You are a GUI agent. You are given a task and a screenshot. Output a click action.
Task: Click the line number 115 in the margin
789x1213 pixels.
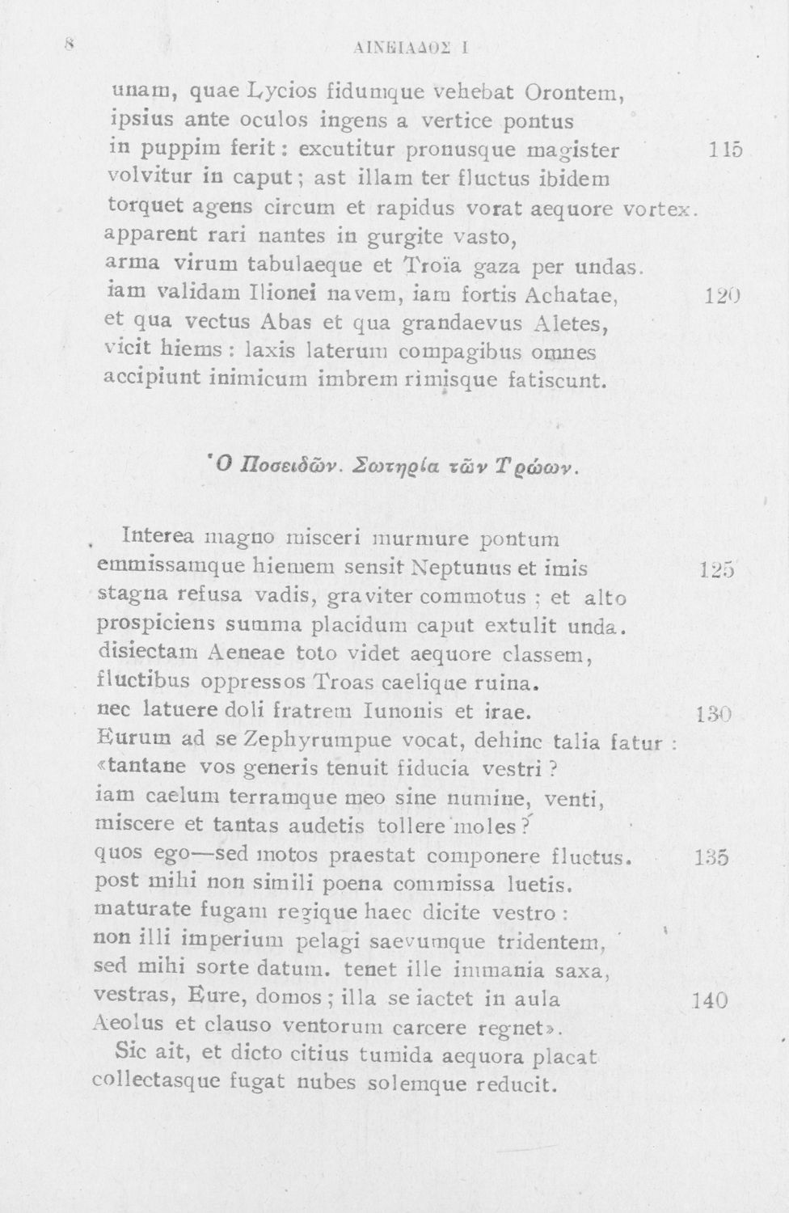(724, 150)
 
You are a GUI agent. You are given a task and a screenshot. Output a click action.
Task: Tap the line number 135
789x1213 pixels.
(711, 857)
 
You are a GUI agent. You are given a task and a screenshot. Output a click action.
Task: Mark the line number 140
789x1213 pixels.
(710, 1000)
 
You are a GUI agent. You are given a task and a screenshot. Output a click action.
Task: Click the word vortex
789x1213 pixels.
(658, 209)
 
